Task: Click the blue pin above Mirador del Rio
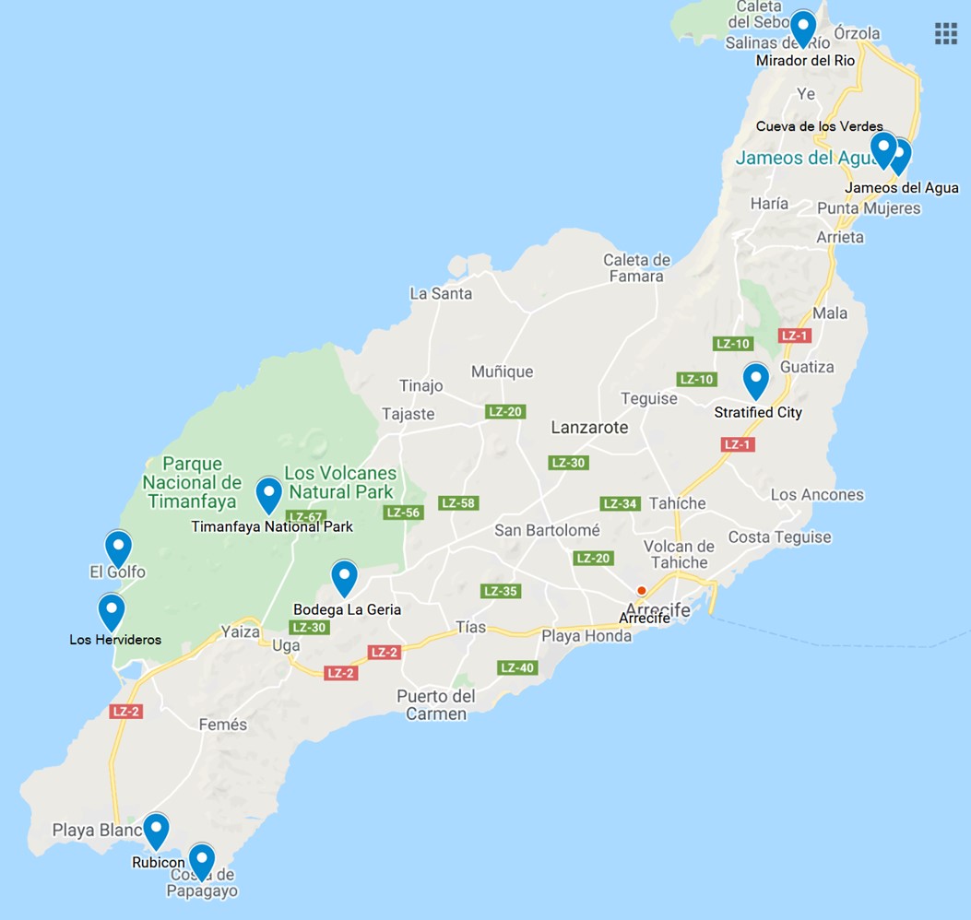803,28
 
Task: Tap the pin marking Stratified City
756,379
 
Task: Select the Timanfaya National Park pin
268,493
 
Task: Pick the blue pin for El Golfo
118,547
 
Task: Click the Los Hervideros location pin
112,610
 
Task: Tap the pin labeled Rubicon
156,830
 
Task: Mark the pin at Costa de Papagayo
201,860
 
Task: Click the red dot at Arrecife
642,590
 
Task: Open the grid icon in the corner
946,33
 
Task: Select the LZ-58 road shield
458,503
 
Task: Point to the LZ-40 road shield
517,667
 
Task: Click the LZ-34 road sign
621,503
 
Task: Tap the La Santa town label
441,294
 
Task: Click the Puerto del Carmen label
436,705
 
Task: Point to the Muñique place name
502,372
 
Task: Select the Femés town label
223,725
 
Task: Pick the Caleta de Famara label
637,268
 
